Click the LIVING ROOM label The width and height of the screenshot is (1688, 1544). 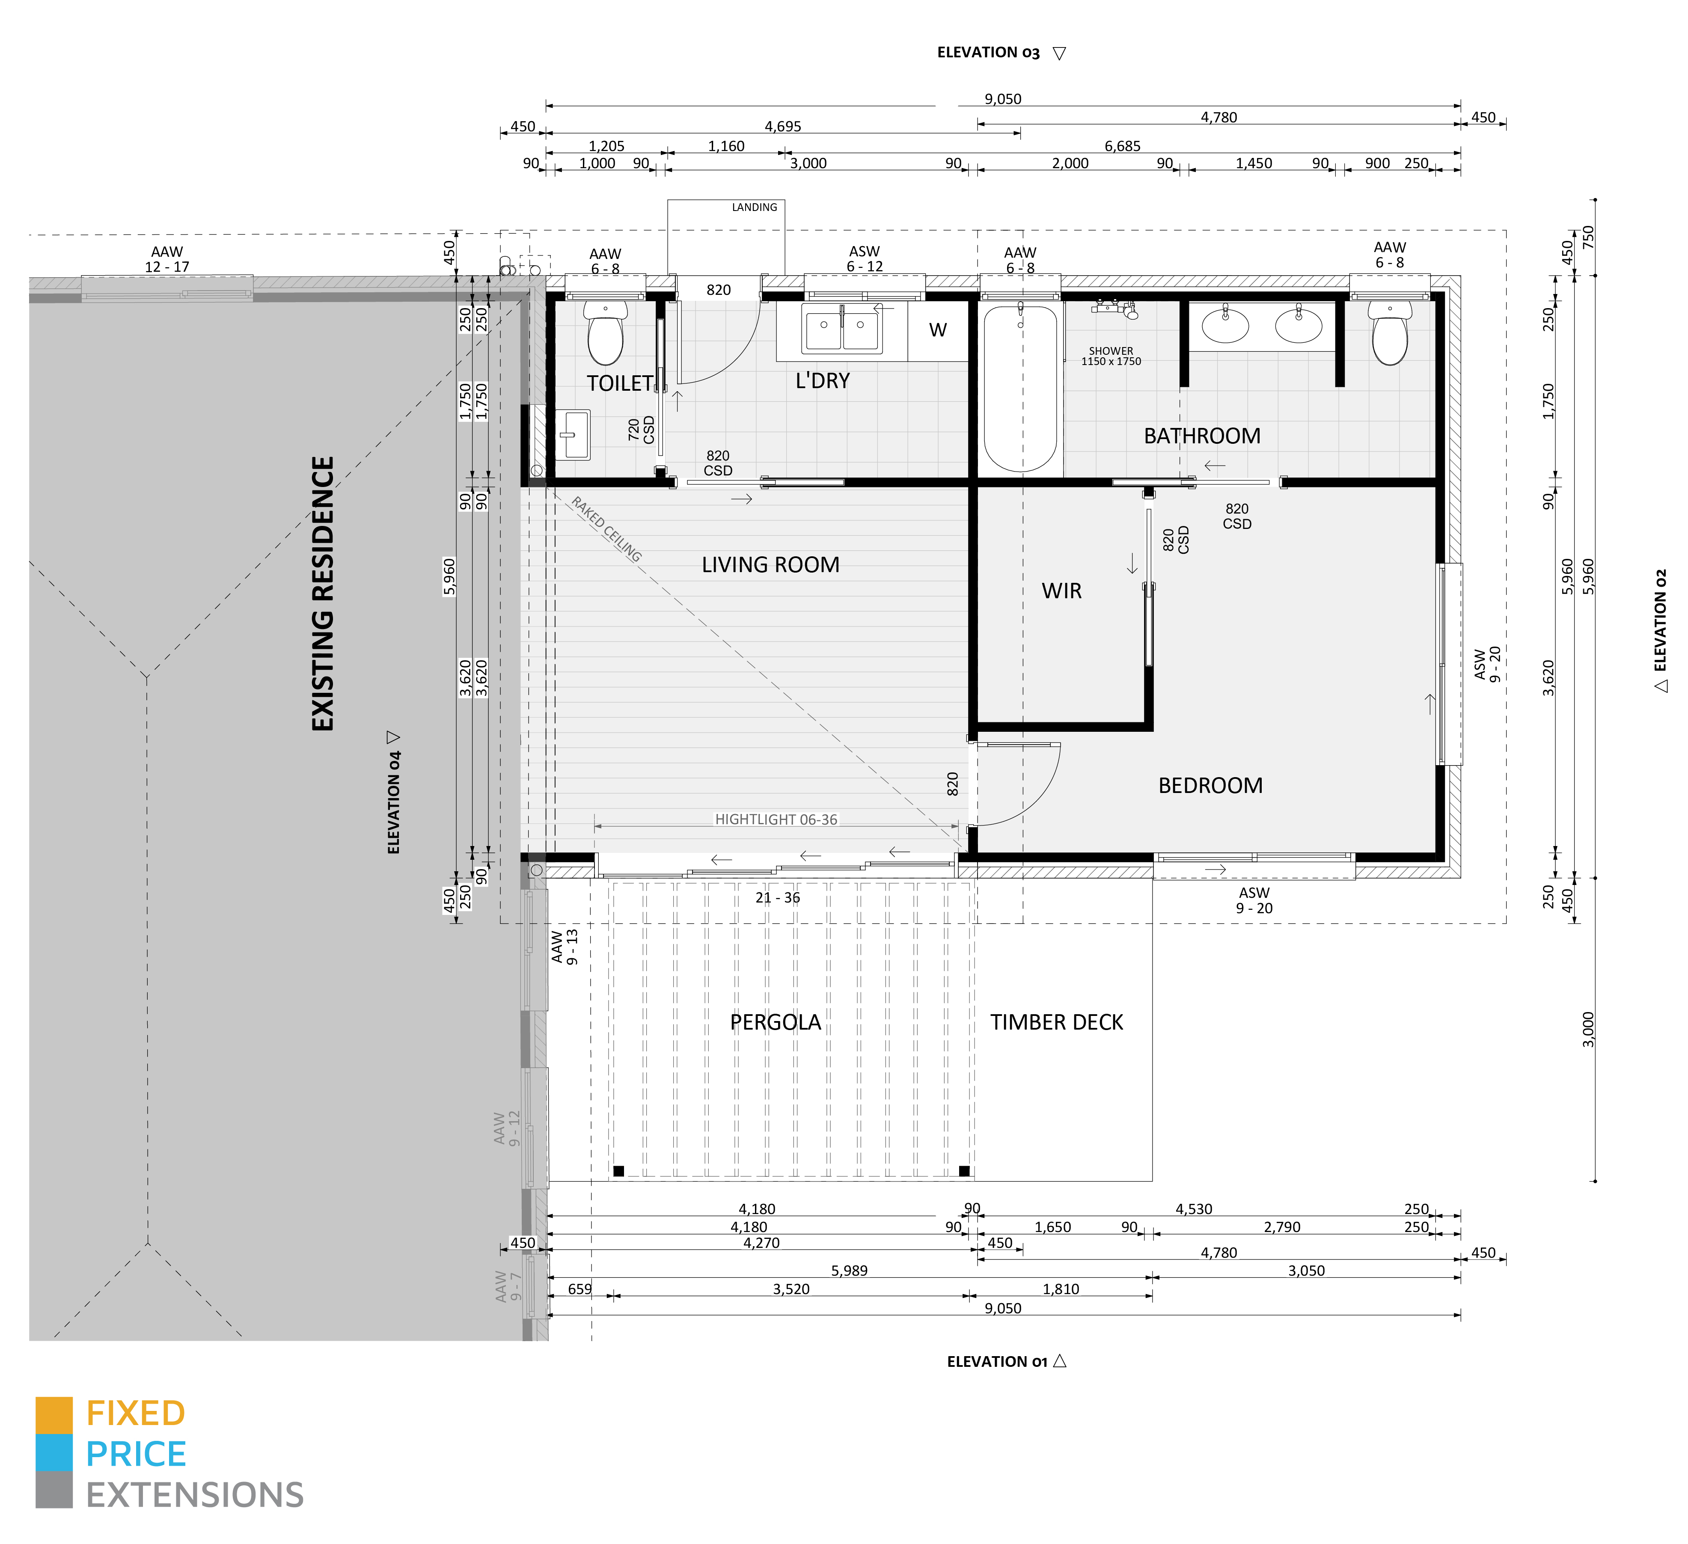tap(770, 565)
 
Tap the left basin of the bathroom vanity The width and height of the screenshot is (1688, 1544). tap(1225, 325)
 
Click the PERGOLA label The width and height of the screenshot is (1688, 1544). tap(776, 1022)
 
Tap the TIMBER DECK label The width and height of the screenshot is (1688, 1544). tap(1057, 1022)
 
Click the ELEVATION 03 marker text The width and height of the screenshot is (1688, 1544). tap(988, 53)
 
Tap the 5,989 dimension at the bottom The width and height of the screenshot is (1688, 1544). tap(849, 1270)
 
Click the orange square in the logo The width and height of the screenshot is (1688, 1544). tap(53, 1414)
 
